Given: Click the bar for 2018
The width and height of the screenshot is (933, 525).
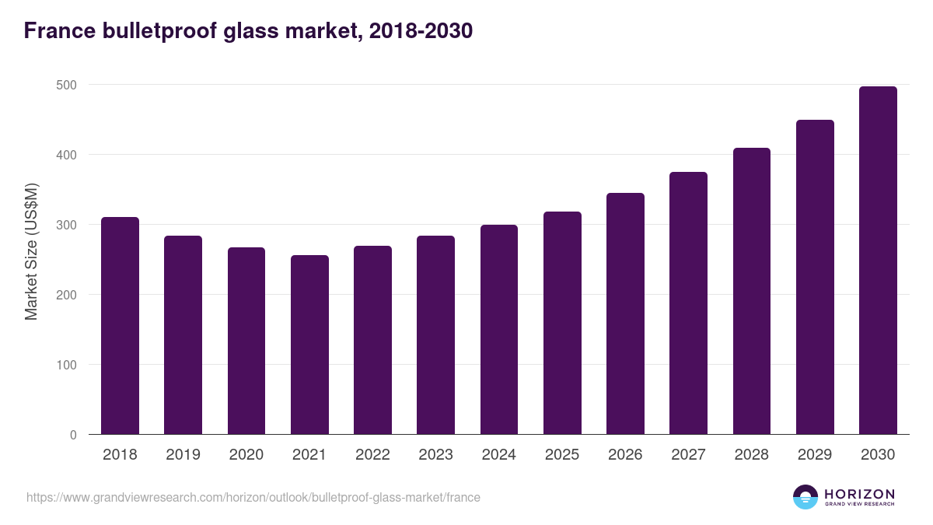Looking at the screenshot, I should click(x=120, y=326).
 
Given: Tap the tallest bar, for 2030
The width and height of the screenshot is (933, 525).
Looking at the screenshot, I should click(x=878, y=261).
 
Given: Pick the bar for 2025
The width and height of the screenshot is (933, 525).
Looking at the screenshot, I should click(x=562, y=323).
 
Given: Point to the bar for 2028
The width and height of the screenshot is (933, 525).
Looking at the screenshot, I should click(x=751, y=291).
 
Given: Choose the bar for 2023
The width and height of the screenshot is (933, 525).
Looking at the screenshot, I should click(x=435, y=335).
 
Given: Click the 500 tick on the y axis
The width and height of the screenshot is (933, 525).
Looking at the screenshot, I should click(x=68, y=85).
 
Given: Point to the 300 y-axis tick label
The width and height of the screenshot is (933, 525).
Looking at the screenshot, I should click(x=68, y=225).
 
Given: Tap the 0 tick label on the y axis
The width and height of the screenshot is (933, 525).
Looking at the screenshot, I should click(x=73, y=435).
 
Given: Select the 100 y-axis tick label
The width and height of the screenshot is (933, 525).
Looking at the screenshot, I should click(x=68, y=365).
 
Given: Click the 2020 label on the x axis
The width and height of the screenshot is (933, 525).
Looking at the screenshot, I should click(x=246, y=455).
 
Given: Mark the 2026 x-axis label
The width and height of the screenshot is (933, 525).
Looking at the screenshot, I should click(x=625, y=455).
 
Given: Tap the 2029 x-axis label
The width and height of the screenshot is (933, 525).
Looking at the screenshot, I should click(x=815, y=455).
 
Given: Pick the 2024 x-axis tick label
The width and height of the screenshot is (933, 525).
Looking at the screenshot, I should click(x=498, y=455).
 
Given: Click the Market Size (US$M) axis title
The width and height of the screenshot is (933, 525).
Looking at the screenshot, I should click(x=31, y=252).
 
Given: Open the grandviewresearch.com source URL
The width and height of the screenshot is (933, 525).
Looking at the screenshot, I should click(x=253, y=497).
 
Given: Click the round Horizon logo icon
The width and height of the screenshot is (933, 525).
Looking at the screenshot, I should click(x=805, y=497).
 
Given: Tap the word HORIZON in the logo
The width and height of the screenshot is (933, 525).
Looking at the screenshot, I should click(x=859, y=493).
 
